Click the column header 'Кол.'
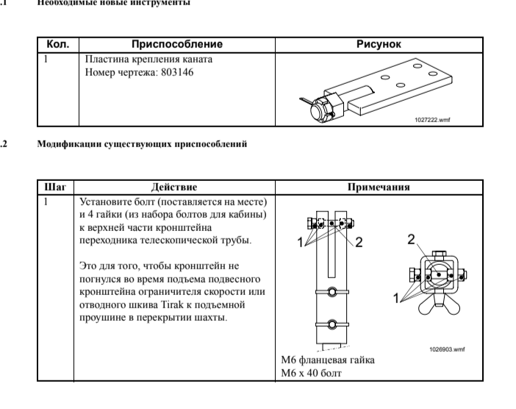[x=57, y=45]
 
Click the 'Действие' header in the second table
[x=173, y=188]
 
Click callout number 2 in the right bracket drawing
[x=412, y=239]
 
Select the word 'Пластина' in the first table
[x=104, y=59]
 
